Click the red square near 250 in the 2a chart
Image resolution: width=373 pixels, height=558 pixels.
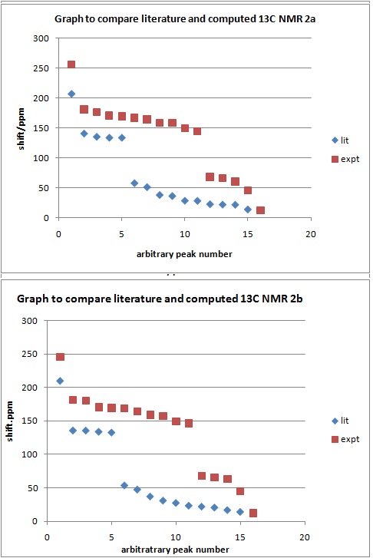71,64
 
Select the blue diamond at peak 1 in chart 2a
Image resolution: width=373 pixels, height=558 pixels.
71,94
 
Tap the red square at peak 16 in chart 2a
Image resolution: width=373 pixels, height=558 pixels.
260,210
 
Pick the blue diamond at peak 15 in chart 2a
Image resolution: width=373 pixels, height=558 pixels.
248,210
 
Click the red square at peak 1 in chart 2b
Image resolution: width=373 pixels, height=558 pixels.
60,357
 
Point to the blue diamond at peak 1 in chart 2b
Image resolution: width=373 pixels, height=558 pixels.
60,381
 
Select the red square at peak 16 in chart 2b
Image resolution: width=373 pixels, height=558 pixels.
253,513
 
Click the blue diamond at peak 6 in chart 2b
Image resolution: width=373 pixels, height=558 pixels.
124,485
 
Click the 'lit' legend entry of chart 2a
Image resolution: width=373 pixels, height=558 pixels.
340,140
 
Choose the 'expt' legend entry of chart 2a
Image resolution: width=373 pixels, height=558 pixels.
345,159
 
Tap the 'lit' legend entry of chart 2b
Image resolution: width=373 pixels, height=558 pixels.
340,421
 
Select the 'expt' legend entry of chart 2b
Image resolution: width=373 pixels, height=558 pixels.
345,439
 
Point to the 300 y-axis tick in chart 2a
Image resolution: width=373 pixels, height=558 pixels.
41,38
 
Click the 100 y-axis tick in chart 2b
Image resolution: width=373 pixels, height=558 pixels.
29,454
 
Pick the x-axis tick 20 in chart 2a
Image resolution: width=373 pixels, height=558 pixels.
311,234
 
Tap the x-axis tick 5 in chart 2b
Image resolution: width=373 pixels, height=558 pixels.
111,537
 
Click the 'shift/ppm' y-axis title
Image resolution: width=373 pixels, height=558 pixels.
21,128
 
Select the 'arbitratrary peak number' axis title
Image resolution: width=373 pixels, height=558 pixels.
175,550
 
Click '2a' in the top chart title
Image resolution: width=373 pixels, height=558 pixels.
309,19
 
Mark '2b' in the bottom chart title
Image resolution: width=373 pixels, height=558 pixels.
296,299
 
